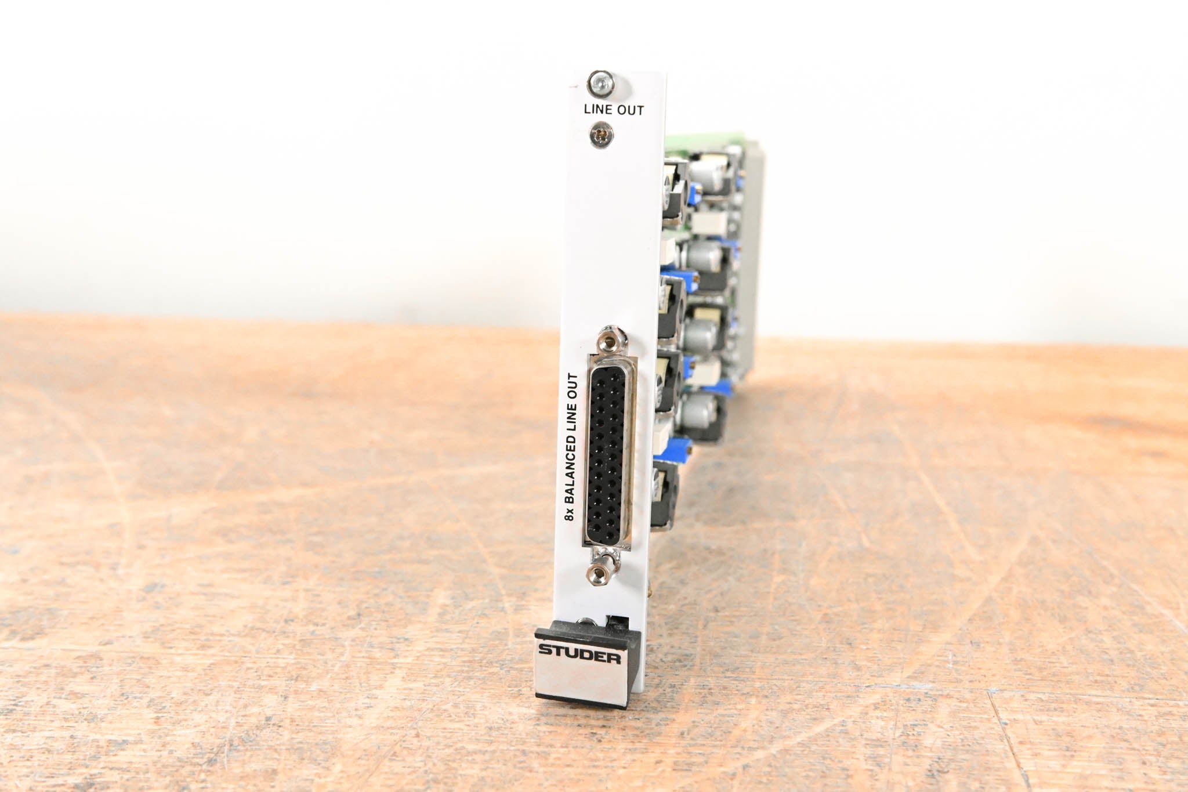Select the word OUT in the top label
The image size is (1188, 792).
631,110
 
